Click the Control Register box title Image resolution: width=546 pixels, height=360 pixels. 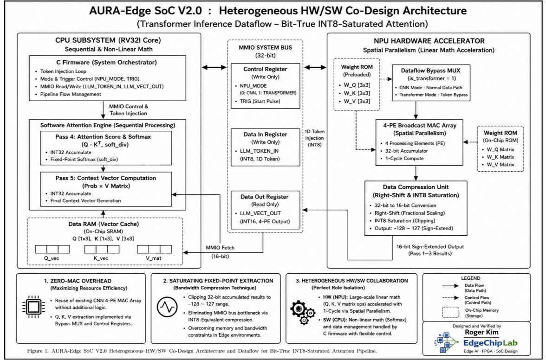(x=265, y=69)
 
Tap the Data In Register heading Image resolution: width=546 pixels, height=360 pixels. (x=265, y=134)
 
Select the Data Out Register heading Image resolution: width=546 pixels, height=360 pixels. (x=265, y=197)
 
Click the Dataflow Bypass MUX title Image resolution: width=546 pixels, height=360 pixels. (x=430, y=70)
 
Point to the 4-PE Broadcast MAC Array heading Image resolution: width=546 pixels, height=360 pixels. (x=420, y=125)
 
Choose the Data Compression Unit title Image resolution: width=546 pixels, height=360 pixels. (x=416, y=187)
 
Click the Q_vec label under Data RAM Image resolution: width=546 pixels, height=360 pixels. (x=52, y=258)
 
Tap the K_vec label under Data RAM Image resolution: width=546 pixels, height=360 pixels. (x=101, y=258)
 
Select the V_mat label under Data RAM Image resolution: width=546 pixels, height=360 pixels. (x=154, y=258)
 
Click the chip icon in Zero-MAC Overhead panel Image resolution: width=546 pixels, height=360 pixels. (x=33, y=307)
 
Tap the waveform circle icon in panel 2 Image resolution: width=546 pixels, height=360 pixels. (x=167, y=307)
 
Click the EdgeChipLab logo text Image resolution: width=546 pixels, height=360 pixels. (x=490, y=343)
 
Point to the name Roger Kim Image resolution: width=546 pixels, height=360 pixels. (x=481, y=332)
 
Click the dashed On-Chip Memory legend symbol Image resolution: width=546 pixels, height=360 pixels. (x=450, y=312)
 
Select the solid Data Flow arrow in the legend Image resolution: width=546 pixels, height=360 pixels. (x=450, y=286)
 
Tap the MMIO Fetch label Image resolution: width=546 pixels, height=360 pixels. (x=220, y=248)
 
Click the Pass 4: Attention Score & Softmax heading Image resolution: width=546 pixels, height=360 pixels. (x=103, y=137)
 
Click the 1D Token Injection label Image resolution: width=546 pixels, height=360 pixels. (x=314, y=138)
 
